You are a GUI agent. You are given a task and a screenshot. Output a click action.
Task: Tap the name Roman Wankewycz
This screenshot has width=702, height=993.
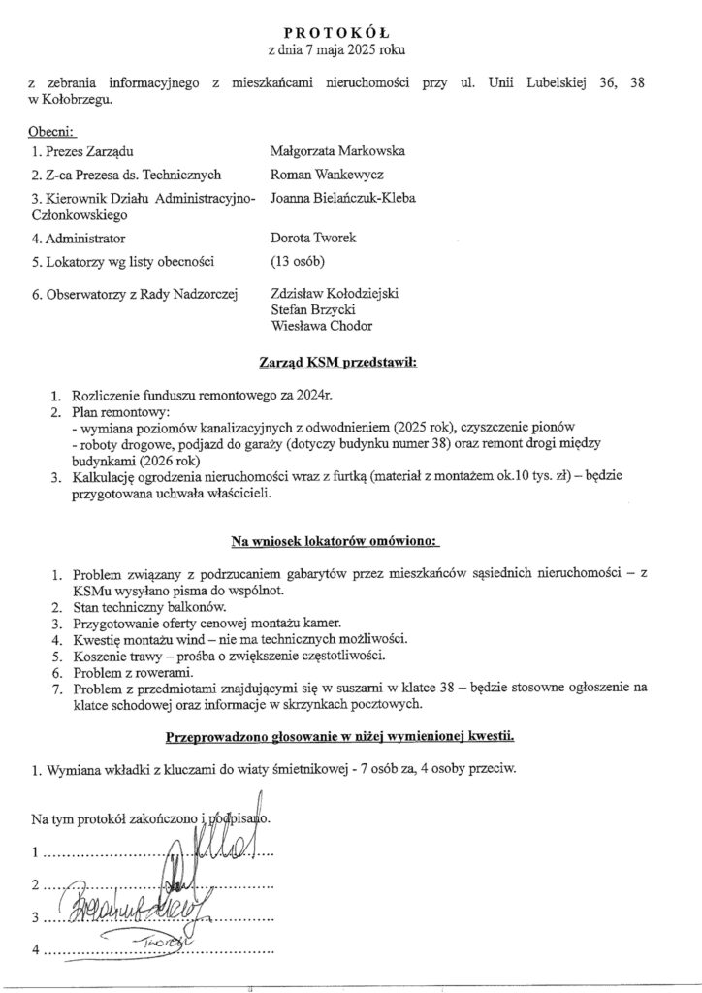click(328, 176)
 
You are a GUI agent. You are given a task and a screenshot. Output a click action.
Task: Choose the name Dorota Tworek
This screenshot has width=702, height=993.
click(310, 238)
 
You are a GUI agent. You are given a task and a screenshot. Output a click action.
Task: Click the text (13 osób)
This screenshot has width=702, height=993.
click(299, 260)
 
